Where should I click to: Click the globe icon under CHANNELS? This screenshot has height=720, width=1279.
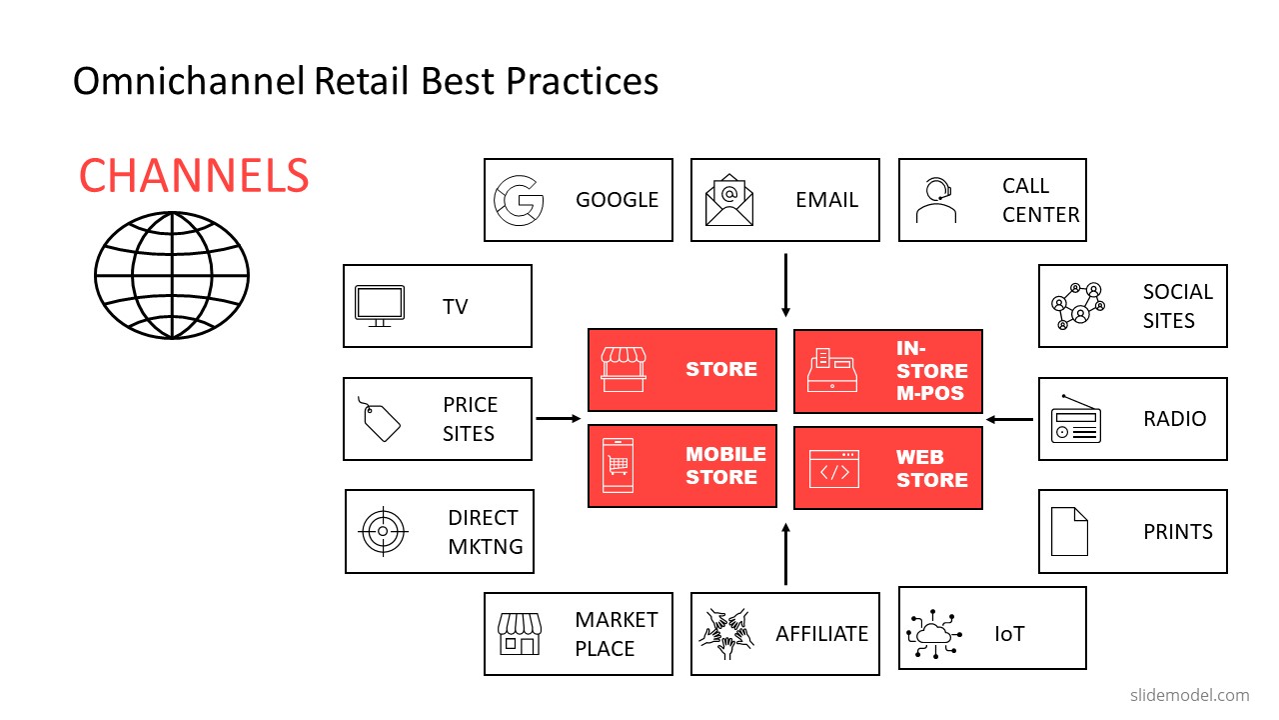tap(171, 274)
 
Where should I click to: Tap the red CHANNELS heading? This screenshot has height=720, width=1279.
tap(194, 177)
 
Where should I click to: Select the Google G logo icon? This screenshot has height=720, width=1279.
tap(520, 200)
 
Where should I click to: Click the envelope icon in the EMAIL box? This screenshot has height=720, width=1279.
tap(728, 200)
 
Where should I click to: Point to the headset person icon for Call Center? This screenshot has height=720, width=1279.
tap(935, 201)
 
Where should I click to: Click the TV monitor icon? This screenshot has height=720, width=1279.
tap(380, 306)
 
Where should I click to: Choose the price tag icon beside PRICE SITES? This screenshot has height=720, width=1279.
tap(379, 418)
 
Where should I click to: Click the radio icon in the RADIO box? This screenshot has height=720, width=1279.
tap(1075, 420)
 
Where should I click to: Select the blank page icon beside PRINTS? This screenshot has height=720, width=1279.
tap(1069, 531)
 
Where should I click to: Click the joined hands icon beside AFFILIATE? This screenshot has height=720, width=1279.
tap(726, 633)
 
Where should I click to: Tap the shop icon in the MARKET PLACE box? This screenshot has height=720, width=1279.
tap(519, 633)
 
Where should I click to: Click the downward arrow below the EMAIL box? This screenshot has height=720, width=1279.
tap(785, 285)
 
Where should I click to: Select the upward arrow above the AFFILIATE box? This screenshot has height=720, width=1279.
tap(785, 552)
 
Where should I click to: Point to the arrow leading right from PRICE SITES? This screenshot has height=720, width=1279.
tap(559, 419)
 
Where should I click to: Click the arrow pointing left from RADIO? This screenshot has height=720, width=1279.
tap(1009, 420)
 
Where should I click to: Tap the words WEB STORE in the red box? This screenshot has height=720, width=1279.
tap(931, 469)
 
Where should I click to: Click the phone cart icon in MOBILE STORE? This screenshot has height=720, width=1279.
tap(617, 465)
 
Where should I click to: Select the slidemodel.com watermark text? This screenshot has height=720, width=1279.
tap(1189, 695)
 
